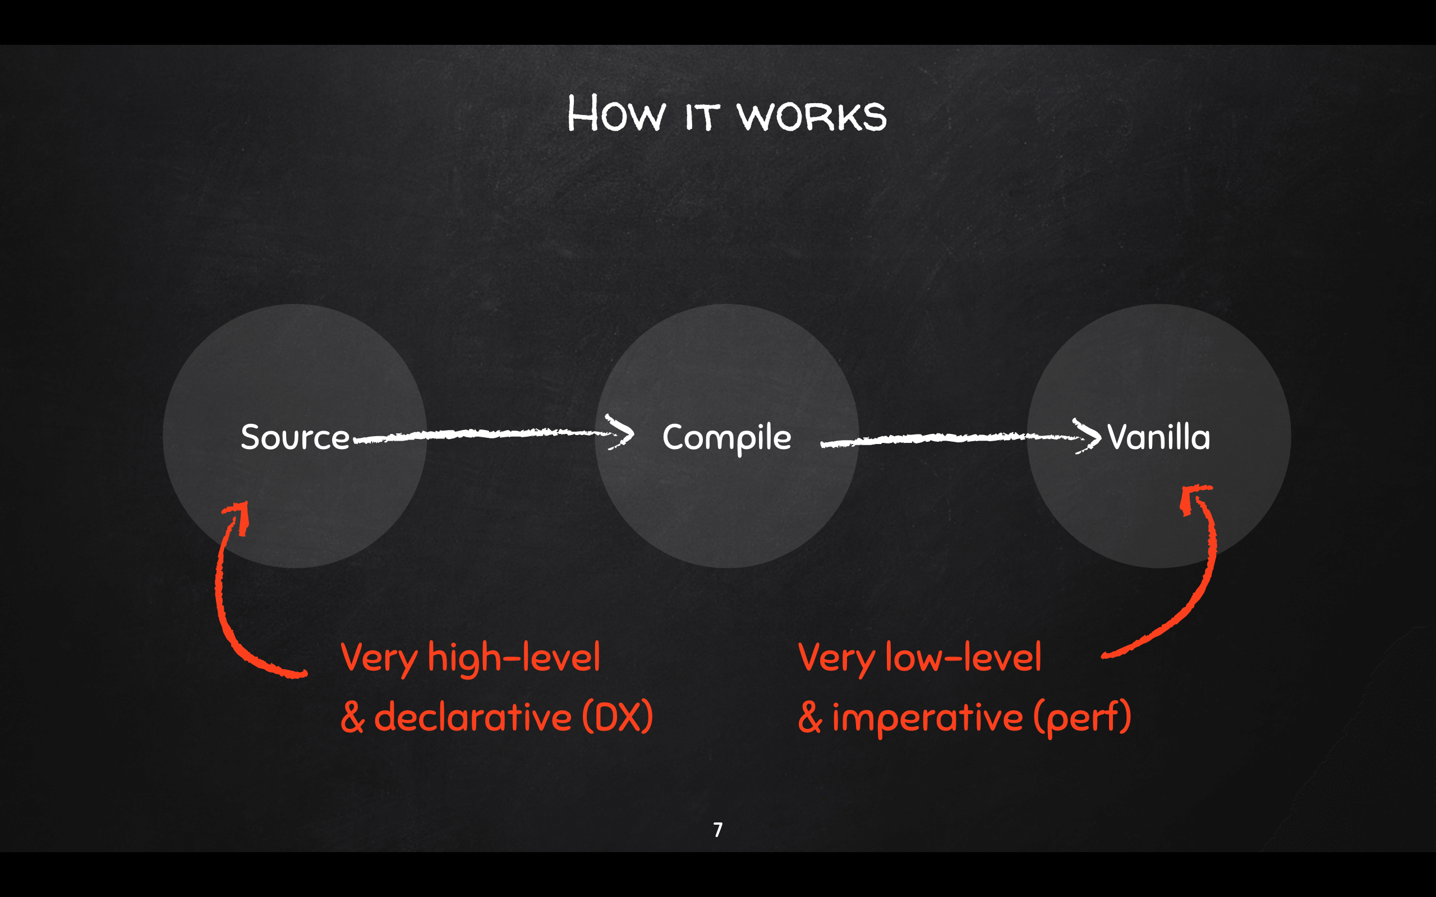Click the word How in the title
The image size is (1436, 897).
[616, 113]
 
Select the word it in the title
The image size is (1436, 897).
[702, 116]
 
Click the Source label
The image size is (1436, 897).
[295, 437]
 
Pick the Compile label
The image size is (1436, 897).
[726, 438]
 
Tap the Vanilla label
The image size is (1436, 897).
[1158, 437]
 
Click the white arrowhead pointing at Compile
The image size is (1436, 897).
[621, 432]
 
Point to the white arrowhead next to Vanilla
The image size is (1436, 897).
[1088, 436]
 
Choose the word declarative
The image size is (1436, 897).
[472, 716]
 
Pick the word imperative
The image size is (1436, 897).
[927, 717]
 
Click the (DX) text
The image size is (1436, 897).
[617, 716]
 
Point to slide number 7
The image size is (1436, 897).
[718, 829]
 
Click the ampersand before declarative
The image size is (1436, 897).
[352, 717]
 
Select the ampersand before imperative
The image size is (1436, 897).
[810, 717]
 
